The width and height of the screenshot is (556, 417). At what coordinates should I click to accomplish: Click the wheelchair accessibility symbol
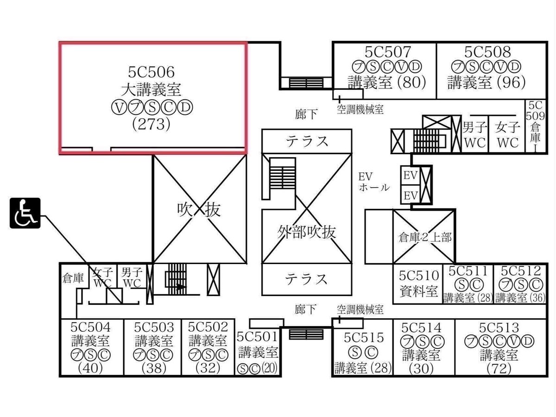pos(25,213)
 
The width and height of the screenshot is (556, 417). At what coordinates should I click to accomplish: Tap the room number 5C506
pos(151,72)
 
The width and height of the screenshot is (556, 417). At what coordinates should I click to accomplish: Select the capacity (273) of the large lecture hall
pos(151,125)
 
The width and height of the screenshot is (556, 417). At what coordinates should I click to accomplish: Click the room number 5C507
pos(387,52)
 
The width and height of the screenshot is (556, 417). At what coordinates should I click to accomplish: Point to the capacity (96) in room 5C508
pos(511,83)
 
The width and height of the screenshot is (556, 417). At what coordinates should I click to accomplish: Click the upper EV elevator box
pos(410,175)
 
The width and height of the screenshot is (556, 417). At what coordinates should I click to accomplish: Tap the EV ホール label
pos(373,182)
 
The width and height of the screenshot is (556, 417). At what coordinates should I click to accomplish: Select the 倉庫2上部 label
pos(425,238)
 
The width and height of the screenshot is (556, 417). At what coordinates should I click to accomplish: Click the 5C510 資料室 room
pos(418,283)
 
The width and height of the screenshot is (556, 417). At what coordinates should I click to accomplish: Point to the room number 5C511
pos(468,271)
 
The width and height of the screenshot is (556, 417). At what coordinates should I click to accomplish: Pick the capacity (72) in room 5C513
pos(499,369)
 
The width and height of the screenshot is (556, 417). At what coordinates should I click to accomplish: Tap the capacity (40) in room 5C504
pos(90,368)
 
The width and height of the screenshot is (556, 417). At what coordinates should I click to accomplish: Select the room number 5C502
pos(208,327)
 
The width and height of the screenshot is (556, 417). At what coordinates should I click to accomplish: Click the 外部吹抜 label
pos(307,232)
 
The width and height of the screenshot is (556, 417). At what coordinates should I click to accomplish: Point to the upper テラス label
pos(307,141)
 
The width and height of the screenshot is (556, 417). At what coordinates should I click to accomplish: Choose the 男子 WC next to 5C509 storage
pos(475,135)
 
